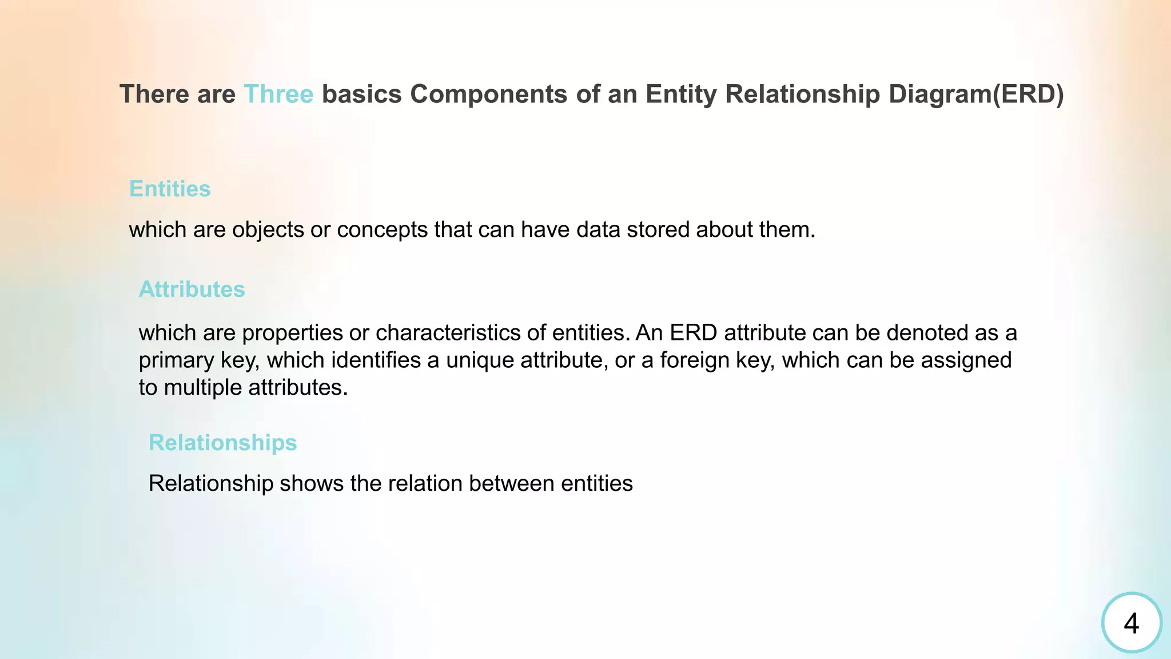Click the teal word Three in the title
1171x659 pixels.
coord(278,94)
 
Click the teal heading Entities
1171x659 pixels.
coord(170,189)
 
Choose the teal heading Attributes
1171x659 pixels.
coord(192,289)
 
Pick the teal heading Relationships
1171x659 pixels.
coord(222,443)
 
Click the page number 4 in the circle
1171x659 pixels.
coord(1131,623)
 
